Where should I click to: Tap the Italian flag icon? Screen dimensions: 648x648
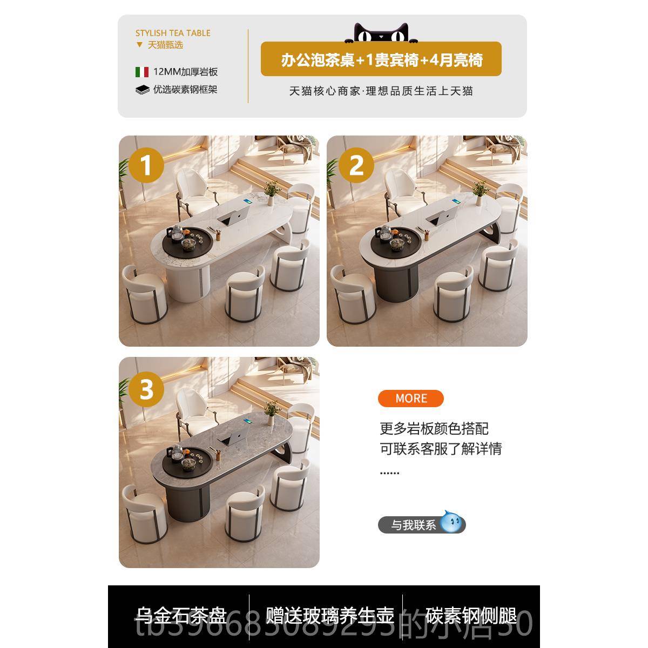click(x=142, y=72)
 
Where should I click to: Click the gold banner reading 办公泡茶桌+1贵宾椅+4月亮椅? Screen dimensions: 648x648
click(x=381, y=59)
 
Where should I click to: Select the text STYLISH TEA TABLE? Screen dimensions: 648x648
click(x=173, y=33)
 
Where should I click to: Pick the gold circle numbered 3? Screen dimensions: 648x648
click(x=146, y=389)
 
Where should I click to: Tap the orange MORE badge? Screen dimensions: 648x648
click(x=410, y=399)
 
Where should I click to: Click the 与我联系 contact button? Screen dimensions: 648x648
click(x=413, y=525)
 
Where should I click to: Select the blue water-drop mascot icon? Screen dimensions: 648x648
click(x=452, y=523)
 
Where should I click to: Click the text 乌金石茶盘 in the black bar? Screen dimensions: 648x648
click(x=181, y=616)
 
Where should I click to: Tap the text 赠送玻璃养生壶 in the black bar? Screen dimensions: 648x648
click(x=329, y=616)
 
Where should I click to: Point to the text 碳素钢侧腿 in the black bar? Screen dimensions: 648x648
click(x=471, y=616)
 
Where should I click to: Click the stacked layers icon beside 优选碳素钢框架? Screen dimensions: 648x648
click(x=142, y=90)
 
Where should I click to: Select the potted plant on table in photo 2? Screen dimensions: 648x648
click(x=478, y=191)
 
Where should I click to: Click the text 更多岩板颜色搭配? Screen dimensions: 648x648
click(x=434, y=429)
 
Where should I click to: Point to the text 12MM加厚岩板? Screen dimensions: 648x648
click(x=185, y=72)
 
